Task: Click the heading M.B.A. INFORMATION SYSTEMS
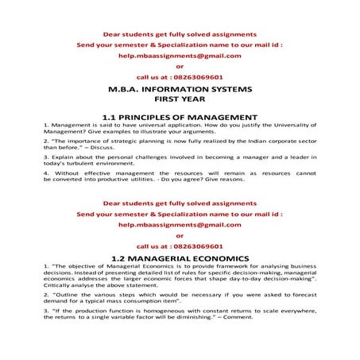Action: point(179,90)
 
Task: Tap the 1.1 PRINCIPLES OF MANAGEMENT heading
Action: point(179,117)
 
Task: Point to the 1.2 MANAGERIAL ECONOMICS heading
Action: point(179,258)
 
